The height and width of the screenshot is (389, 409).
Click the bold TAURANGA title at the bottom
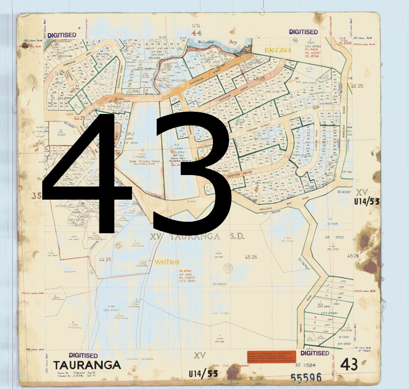87,365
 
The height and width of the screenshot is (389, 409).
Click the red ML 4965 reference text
187,271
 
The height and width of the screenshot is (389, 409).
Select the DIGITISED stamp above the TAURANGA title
83,355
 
